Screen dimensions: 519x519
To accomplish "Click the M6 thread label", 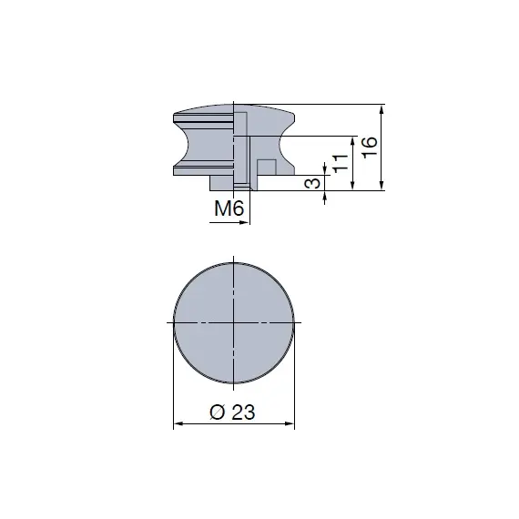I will tap(230, 209).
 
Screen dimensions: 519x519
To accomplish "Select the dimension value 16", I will tap(368, 148).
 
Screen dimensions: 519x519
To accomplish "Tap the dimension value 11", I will tap(338, 164).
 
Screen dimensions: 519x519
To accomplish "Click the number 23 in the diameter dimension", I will tap(243, 412).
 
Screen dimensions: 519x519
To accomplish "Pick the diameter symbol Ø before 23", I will tap(217, 412).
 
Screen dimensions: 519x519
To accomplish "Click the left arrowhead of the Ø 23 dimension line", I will tap(178, 423).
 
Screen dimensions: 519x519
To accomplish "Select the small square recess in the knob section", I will tap(267, 168).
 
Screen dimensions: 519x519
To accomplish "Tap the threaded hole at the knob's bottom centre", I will tap(240, 187).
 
